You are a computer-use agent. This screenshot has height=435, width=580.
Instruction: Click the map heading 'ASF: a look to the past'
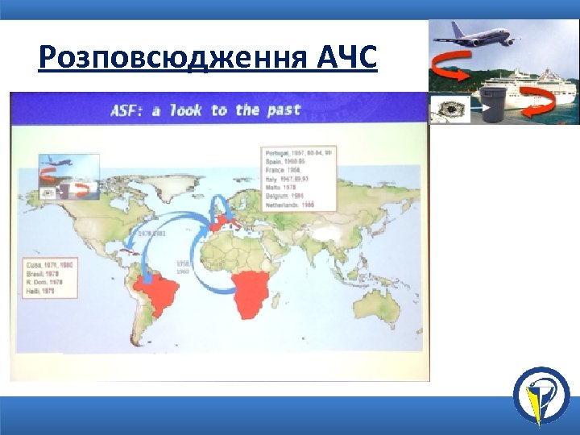pos(205,110)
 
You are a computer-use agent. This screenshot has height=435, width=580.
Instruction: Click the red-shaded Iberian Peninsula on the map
pos(217,226)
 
